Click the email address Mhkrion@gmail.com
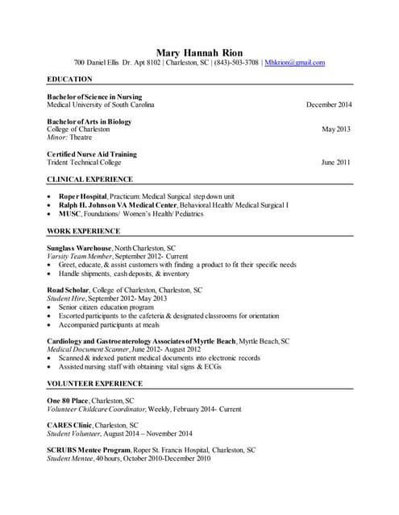(295, 63)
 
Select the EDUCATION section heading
(70, 80)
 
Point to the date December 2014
(329, 105)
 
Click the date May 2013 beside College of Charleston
(337, 130)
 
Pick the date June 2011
(336, 162)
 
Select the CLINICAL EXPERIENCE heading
(90, 179)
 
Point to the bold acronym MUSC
(69, 214)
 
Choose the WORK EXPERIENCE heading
(84, 231)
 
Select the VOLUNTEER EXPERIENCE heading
(95, 384)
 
